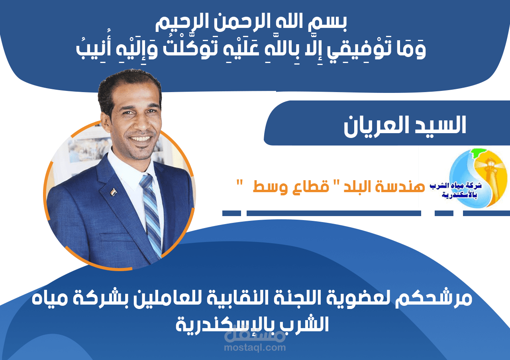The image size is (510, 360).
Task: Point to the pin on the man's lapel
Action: coord(114,191)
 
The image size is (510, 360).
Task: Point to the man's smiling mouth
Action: coord(139,139)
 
